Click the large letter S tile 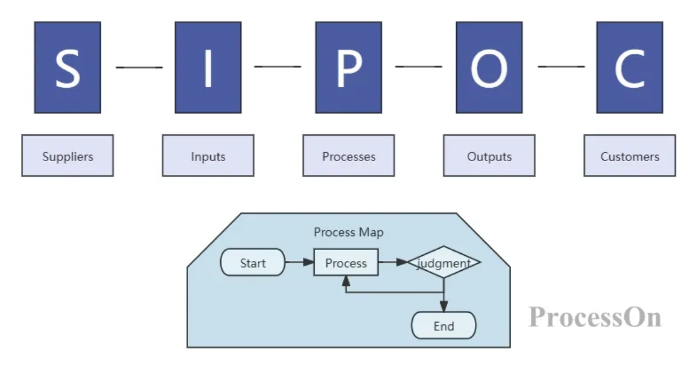67,67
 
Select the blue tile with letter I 208,67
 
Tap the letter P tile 348,67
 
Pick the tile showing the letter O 489,67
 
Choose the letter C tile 630,67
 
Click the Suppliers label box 67,156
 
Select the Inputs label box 208,156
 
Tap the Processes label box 348,156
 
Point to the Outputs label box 489,156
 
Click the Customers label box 630,156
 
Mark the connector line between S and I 139,67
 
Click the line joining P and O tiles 419,67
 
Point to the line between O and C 561,67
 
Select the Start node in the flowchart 253,263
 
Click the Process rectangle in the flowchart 346,263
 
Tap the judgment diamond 444,263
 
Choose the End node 444,325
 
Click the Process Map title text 348,232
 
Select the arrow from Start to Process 300,263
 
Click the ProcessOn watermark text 595,318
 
